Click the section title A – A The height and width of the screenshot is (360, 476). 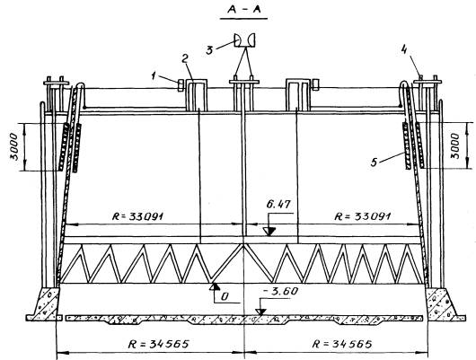(x=243, y=10)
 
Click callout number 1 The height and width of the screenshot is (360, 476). (x=154, y=76)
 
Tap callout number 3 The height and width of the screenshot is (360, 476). (x=209, y=49)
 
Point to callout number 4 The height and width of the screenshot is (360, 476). (x=403, y=49)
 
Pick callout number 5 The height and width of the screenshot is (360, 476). (x=374, y=162)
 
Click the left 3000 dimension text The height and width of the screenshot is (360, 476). (x=14, y=146)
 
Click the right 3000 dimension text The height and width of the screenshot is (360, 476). (x=454, y=146)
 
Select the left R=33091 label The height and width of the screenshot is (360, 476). (x=138, y=216)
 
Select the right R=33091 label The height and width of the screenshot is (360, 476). (x=362, y=216)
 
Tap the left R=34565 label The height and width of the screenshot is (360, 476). (x=158, y=344)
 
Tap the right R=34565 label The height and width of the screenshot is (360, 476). (x=342, y=344)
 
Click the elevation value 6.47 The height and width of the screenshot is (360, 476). (x=278, y=205)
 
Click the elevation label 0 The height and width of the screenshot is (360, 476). (x=225, y=296)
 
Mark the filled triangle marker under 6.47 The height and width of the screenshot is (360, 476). (x=269, y=232)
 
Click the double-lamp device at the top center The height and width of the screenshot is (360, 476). (x=244, y=40)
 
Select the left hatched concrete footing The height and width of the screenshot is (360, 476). (x=47, y=303)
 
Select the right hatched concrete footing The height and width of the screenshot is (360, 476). (x=441, y=303)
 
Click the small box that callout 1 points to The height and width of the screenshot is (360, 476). (x=180, y=84)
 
